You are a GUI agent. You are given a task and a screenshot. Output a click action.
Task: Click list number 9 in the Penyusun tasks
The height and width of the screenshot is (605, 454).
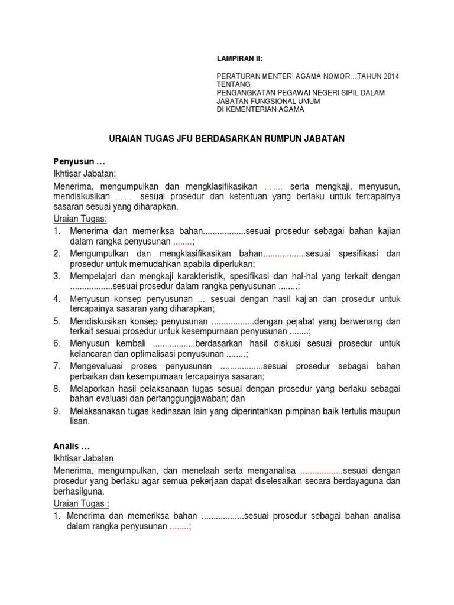pyautogui.click(x=57, y=411)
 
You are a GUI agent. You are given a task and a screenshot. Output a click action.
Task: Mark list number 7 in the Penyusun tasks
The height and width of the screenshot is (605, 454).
pyautogui.click(x=57, y=366)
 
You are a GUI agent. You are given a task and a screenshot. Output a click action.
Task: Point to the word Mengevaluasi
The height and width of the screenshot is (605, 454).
pyautogui.click(x=97, y=366)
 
